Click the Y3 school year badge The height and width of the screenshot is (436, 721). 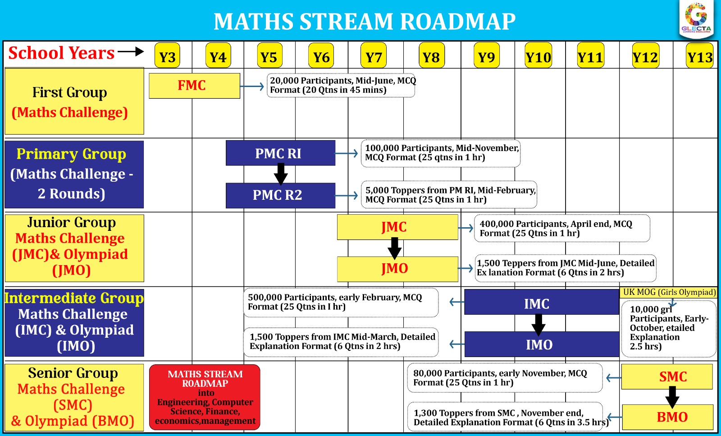(167, 56)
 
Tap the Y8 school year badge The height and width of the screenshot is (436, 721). (431, 56)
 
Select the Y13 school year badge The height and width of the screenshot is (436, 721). (700, 56)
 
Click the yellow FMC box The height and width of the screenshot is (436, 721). (194, 86)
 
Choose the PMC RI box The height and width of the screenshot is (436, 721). (280, 153)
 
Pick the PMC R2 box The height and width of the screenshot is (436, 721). (280, 195)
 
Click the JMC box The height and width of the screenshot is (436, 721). (397, 227)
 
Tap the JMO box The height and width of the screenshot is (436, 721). (397, 269)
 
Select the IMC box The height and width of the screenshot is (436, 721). (541, 302)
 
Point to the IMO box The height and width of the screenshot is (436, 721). (541, 344)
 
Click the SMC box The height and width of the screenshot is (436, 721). (667, 376)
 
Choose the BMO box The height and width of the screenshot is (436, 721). (667, 417)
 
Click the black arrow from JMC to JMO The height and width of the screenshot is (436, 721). (394, 248)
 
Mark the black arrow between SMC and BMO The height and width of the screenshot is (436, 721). (672, 397)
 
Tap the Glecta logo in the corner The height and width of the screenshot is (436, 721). (696, 18)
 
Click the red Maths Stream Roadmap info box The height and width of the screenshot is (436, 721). (205, 397)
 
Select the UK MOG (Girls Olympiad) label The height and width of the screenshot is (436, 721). (669, 292)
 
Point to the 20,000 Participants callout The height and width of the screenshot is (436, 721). (341, 85)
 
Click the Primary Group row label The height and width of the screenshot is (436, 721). (74, 174)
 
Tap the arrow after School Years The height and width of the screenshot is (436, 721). (131, 52)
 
